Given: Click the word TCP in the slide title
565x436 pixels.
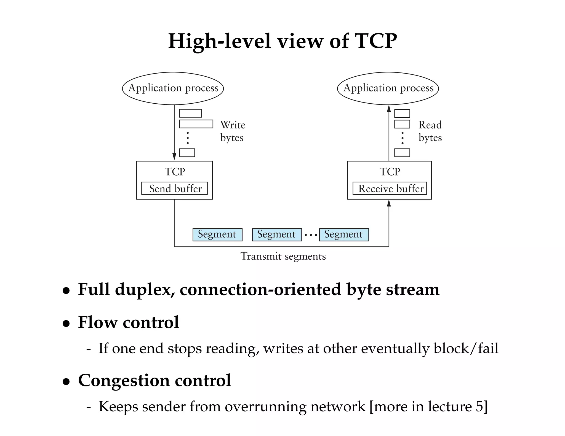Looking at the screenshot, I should [x=376, y=41].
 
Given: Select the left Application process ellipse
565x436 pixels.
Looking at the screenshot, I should [x=173, y=88].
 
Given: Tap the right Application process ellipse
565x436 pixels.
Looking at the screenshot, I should [x=388, y=88].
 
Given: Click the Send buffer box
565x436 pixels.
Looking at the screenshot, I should [x=174, y=189].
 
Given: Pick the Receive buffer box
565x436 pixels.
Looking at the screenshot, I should [x=390, y=189].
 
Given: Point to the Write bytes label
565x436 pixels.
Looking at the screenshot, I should [x=232, y=131].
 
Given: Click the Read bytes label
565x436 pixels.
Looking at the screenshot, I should [x=430, y=131].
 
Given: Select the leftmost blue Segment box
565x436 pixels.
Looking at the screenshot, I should [x=217, y=235].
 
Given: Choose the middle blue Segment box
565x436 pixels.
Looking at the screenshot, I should [x=277, y=235].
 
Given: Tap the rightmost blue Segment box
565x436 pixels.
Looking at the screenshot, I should [x=344, y=235].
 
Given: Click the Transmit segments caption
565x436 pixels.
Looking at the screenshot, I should [x=283, y=256].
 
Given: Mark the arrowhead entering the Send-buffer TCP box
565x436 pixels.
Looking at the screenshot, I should [x=174, y=157].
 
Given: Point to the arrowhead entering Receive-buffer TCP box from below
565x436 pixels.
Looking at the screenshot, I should [x=389, y=203].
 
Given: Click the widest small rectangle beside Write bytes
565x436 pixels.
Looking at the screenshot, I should [x=196, y=124].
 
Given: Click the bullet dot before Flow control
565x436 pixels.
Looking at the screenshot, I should [x=66, y=323].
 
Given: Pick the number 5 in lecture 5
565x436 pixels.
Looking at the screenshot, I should [x=479, y=407].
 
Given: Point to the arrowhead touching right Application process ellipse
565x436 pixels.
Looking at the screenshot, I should [x=389, y=108].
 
